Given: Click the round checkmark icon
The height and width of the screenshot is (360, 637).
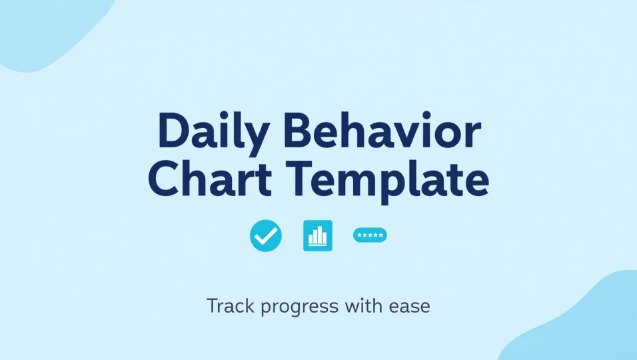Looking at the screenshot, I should tap(266, 235).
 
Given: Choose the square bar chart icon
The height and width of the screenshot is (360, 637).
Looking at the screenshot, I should tap(318, 235).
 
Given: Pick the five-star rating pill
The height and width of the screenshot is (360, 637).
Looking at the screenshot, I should tap(370, 235).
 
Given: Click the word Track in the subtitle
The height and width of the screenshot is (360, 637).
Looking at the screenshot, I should tap(229, 307).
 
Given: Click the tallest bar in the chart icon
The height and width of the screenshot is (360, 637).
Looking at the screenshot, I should tap(320, 235).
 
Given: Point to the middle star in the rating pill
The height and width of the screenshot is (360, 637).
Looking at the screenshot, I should tap(370, 235).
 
